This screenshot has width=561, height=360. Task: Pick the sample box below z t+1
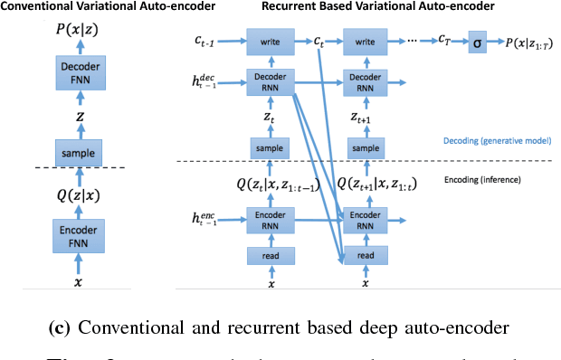click(x=365, y=147)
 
